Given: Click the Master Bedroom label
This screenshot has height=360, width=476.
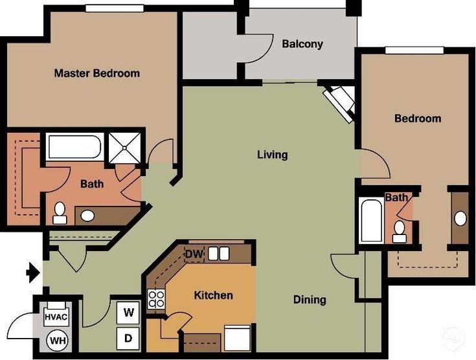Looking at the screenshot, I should pos(96,73).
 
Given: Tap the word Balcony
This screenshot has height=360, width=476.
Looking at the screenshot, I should pos(302,45).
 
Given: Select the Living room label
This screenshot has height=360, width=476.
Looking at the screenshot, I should pos(272,155).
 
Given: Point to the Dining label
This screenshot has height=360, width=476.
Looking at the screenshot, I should pos(310,300).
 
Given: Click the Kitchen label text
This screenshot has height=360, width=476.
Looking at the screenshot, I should pos(213,295).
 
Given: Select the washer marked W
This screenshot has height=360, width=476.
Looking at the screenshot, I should pos(129,313).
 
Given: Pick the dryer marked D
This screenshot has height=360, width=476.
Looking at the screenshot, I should pos(129,337).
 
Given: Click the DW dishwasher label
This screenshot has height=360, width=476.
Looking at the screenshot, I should pos(194,254).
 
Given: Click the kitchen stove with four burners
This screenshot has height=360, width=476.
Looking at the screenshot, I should pos(157,298).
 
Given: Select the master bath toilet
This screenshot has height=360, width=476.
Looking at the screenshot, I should pos(60,212).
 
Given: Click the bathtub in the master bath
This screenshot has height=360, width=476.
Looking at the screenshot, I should pos(74,147).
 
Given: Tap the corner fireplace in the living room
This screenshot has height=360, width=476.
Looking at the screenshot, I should pos(340,102).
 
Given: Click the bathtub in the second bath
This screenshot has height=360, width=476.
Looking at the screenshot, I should pos(372,221).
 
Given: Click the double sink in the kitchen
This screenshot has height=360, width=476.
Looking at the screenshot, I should pos(218,253).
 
